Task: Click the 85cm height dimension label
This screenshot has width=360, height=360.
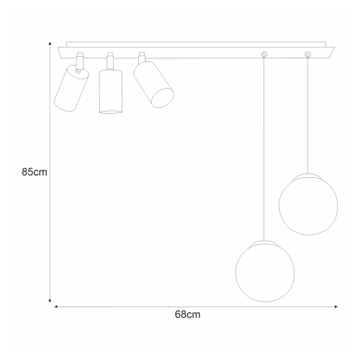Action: [35, 172]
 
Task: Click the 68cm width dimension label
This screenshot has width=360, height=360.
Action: [188, 315]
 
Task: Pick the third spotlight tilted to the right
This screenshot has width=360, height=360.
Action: [154, 84]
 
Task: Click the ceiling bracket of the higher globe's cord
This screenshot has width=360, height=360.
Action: [308, 54]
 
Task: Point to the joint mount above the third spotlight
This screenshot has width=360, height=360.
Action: [142, 56]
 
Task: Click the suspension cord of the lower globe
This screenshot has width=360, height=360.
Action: [265, 144]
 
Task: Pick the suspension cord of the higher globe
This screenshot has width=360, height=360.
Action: [307, 115]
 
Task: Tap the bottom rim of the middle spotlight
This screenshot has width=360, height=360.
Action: [110, 112]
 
